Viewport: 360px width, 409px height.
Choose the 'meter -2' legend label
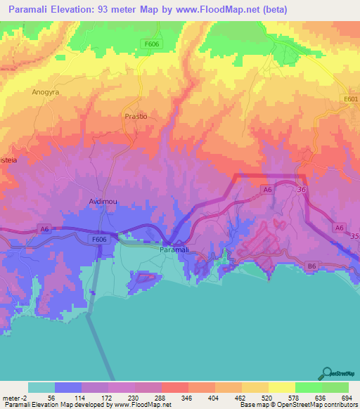pyautogui.click(x=14, y=397)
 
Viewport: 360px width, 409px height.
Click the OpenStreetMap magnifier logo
pyautogui.click(x=327, y=374)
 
